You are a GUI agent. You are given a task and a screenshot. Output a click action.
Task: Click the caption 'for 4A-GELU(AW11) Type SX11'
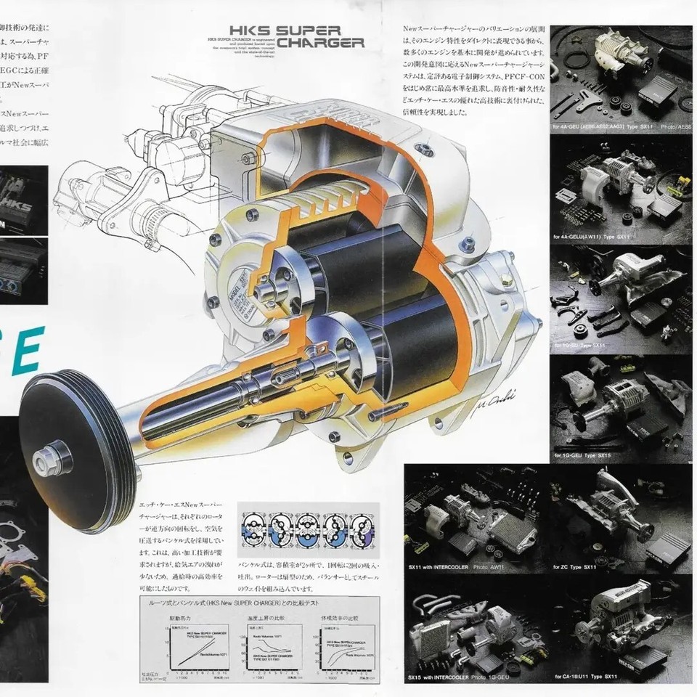click(596, 237)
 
